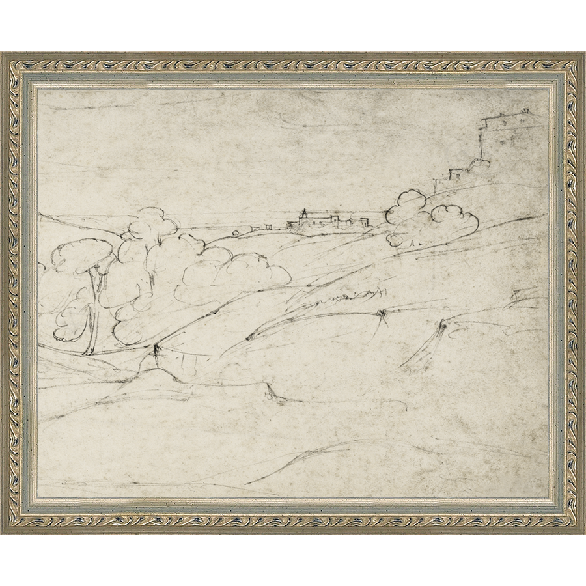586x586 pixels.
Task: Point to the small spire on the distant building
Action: point(303,212)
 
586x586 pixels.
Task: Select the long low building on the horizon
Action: point(326,223)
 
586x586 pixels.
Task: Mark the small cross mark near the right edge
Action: point(518,296)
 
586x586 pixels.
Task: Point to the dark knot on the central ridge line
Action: point(381,316)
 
